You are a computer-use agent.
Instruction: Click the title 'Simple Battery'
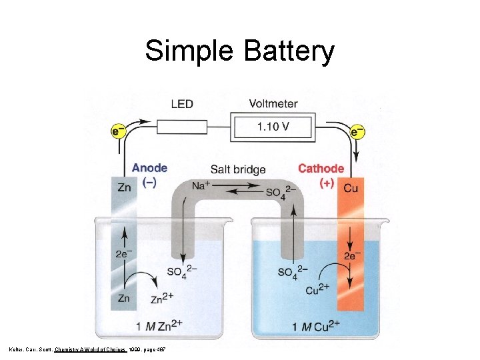pyautogui.click(x=239, y=51)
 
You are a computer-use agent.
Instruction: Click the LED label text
pyautogui.click(x=182, y=103)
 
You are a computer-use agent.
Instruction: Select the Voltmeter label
pyautogui.click(x=273, y=103)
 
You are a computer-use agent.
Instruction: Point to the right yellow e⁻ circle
pyautogui.click(x=358, y=131)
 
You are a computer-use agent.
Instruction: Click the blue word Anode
pyautogui.click(x=149, y=169)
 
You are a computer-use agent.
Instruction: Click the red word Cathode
pyautogui.click(x=321, y=169)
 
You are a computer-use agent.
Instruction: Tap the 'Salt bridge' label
pyautogui.click(x=238, y=170)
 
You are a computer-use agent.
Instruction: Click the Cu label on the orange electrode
pyautogui.click(x=351, y=188)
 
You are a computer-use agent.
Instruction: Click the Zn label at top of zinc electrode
pyautogui.click(x=125, y=187)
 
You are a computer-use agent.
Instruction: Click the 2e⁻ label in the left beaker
pyautogui.click(x=123, y=254)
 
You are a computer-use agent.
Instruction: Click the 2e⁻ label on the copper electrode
pyautogui.click(x=351, y=255)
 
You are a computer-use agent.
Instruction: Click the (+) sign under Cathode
pyautogui.click(x=327, y=183)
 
